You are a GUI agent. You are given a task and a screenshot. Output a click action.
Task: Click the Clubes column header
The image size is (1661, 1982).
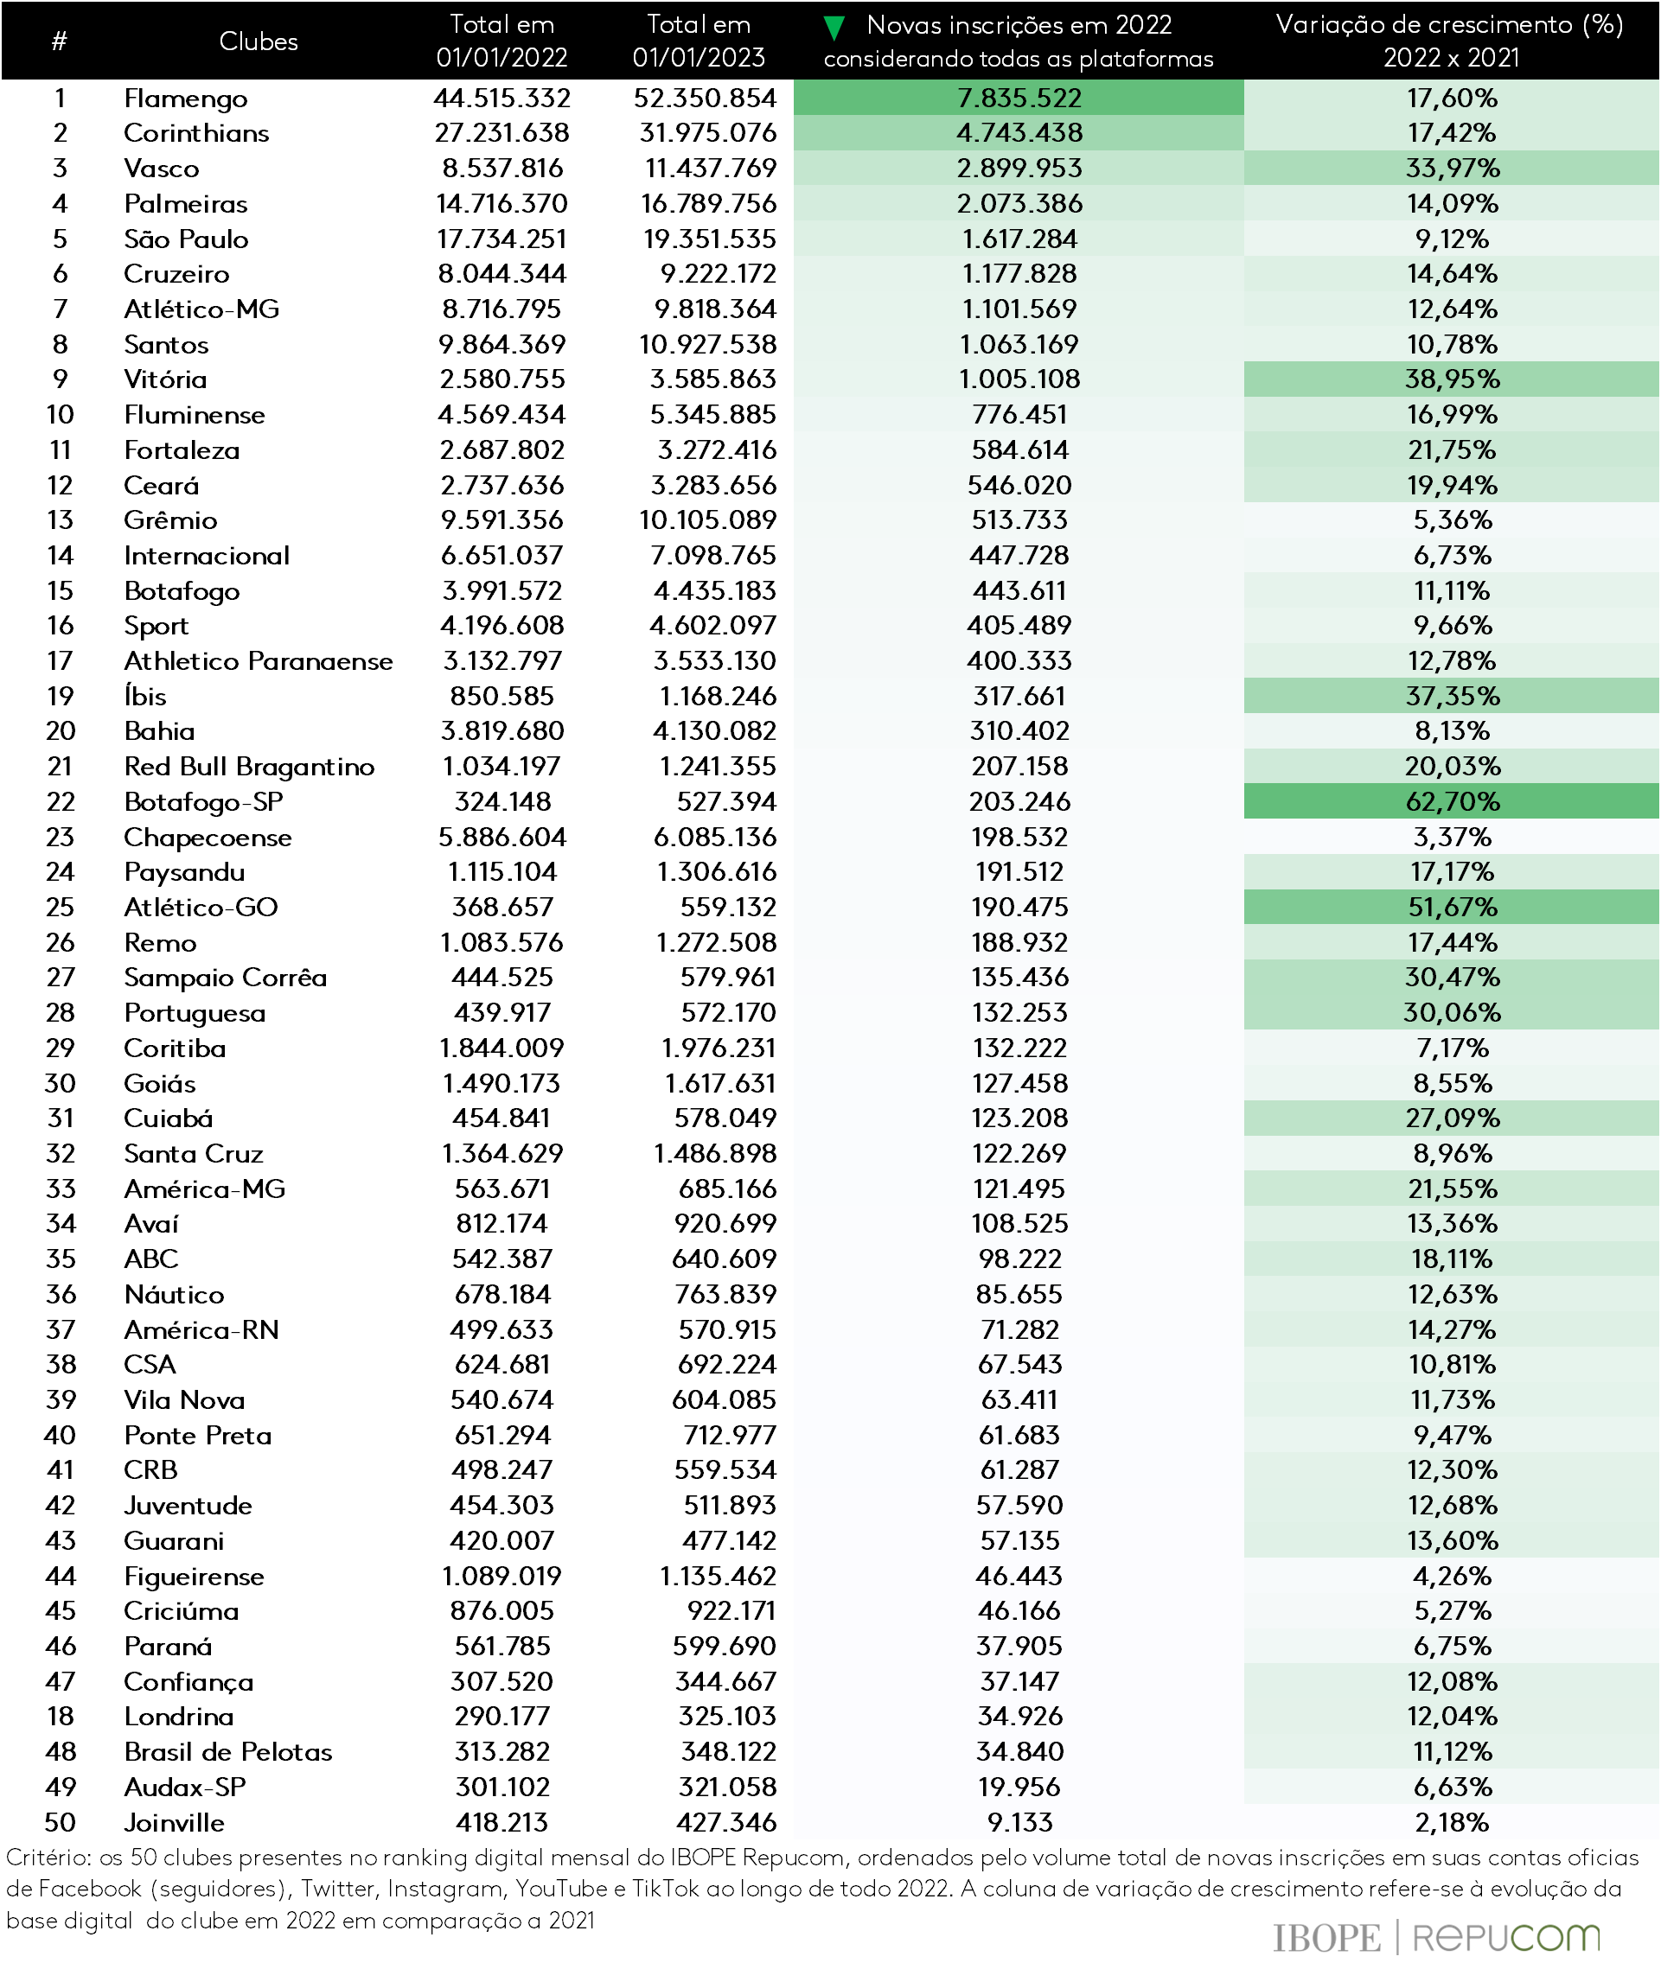[258, 41]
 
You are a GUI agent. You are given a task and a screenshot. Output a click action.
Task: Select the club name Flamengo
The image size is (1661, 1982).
[186, 99]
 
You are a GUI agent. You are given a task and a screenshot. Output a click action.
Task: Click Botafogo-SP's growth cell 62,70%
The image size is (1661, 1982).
[1452, 801]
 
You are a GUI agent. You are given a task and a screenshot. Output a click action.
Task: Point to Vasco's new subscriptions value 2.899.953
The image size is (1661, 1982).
[1019, 168]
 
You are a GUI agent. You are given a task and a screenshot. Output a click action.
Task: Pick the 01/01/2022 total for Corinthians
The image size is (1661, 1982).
[501, 133]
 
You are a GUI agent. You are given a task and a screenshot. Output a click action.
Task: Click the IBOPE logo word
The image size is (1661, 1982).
[1326, 1938]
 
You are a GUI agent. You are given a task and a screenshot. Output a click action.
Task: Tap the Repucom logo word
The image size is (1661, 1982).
[1506, 1938]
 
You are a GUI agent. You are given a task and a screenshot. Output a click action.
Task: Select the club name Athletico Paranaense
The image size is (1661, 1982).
[258, 660]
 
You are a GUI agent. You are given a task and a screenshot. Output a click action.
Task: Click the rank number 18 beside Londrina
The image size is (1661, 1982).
[61, 1716]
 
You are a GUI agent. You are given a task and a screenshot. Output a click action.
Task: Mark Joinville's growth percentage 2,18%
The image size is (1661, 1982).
[1452, 1821]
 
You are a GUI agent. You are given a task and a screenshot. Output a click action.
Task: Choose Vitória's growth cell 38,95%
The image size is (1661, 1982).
[1452, 379]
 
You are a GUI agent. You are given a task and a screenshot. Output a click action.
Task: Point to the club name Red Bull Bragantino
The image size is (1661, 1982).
[249, 767]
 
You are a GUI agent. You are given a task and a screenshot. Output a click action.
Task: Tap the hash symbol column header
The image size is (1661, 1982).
[60, 41]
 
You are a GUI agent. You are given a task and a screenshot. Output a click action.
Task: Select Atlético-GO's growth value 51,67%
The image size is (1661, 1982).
[1452, 907]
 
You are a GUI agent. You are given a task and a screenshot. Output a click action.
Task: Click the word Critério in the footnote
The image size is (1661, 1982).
[48, 1858]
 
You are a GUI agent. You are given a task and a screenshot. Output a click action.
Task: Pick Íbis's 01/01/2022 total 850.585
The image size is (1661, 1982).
[501, 696]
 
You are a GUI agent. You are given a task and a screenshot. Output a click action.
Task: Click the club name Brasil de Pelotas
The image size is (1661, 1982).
[228, 1752]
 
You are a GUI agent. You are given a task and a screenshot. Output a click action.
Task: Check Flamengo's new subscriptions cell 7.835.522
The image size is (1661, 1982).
[1019, 99]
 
